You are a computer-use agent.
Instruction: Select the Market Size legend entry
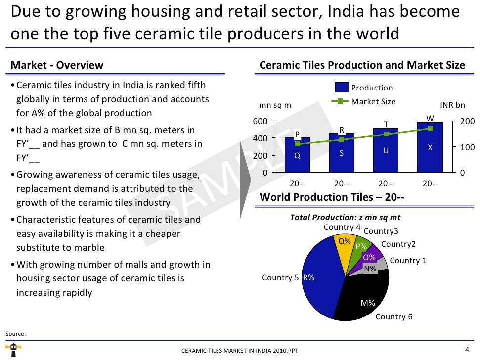point(373,102)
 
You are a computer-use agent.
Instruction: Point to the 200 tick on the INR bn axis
point(467,122)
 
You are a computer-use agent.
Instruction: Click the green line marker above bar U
point(386,134)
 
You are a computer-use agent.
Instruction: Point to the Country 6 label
point(394,317)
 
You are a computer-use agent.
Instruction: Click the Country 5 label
point(280,278)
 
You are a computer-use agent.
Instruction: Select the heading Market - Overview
point(57,65)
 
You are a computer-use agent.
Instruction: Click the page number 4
point(467,350)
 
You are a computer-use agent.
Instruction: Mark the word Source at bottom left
point(15,334)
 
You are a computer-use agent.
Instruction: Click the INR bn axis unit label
point(452,105)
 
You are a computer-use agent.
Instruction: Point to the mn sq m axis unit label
point(275,105)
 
